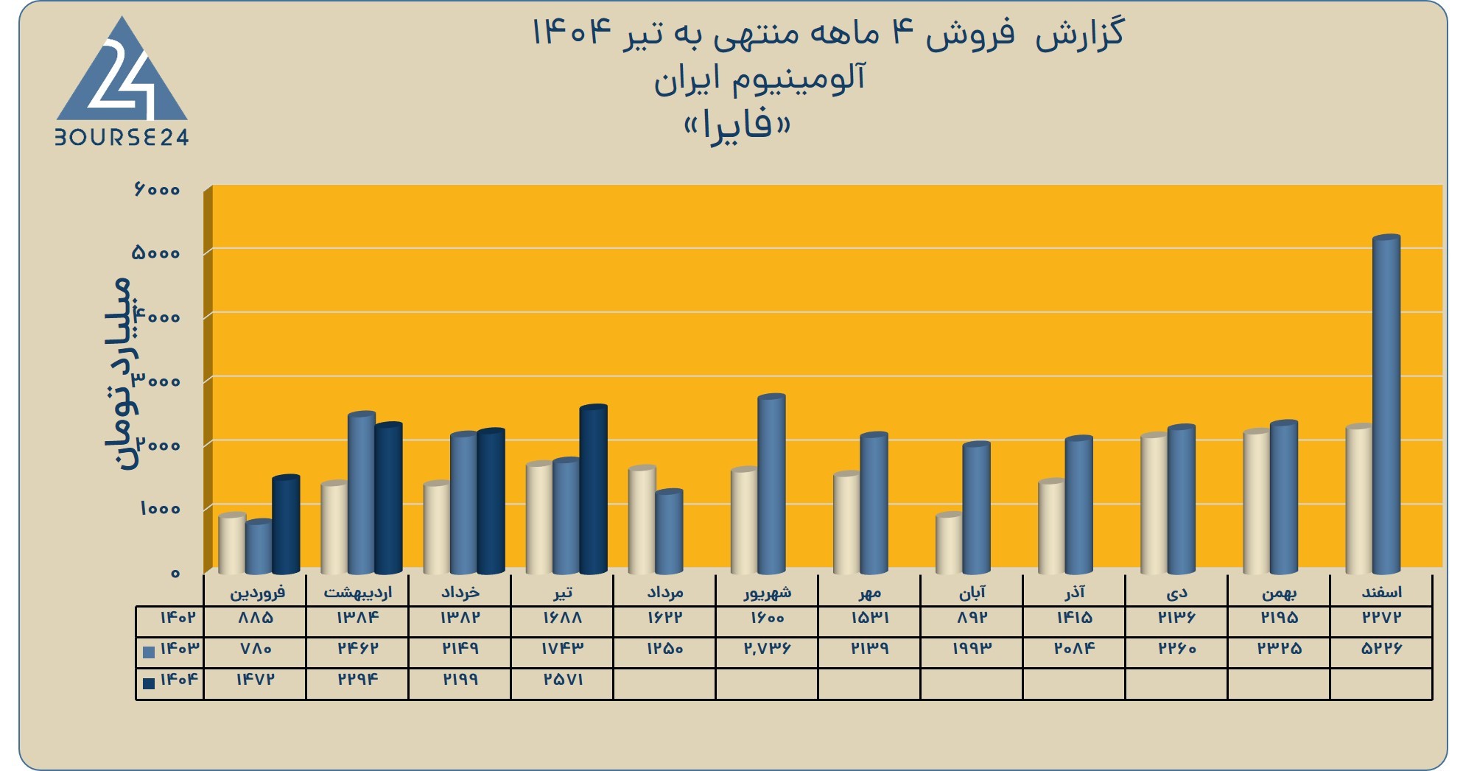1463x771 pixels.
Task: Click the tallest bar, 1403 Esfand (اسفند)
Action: [1386, 404]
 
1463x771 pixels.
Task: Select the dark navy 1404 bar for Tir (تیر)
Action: [593, 489]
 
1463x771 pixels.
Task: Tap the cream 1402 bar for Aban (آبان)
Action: [949, 543]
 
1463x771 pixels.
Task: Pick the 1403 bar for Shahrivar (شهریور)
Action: [771, 485]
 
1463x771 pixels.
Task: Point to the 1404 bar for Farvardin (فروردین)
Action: [286, 524]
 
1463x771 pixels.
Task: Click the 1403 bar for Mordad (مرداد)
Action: [669, 532]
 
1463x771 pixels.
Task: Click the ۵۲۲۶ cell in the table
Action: [1381, 649]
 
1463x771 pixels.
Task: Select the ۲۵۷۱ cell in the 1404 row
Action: [563, 680]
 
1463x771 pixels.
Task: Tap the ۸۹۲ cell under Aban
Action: [972, 618]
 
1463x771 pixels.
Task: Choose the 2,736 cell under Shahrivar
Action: [767, 649]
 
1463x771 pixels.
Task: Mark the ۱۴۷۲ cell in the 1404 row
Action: [255, 680]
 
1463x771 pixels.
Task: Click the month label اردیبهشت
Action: [358, 592]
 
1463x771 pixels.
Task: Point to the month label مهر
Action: [870, 592]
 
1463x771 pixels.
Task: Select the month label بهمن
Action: [1279, 592]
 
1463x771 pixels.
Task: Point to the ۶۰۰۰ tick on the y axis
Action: [157, 189]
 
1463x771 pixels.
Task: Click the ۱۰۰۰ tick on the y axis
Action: [160, 509]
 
